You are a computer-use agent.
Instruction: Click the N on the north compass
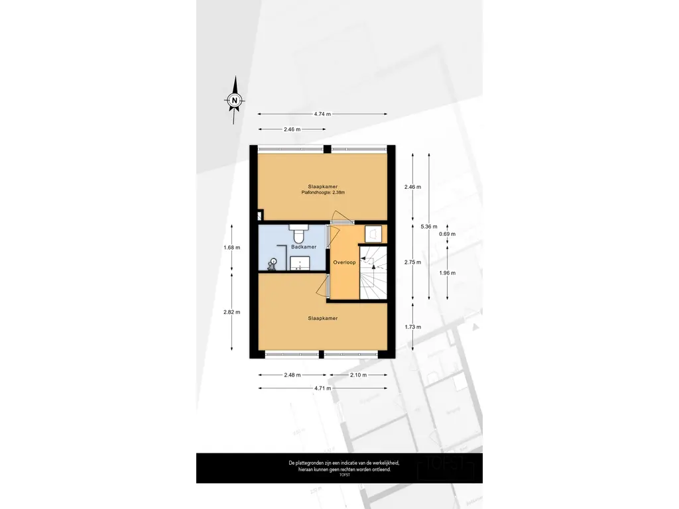pyautogui.click(x=235, y=101)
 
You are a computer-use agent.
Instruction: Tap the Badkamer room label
pyautogui.click(x=304, y=247)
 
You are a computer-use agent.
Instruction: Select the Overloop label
pyautogui.click(x=344, y=262)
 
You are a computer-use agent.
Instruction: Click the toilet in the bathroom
pyautogui.click(x=299, y=234)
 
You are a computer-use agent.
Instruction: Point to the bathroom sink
pyautogui.click(x=299, y=262)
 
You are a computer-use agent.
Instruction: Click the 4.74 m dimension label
pyautogui.click(x=322, y=114)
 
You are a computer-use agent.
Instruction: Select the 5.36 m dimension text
pyautogui.click(x=429, y=227)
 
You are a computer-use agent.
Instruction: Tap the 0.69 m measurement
pyautogui.click(x=448, y=234)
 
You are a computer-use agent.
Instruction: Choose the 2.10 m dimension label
pyautogui.click(x=358, y=375)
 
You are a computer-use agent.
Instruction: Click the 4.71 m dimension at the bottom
pyautogui.click(x=323, y=388)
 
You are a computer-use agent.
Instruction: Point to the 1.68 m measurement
pyautogui.click(x=231, y=248)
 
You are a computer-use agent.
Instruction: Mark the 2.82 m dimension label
pyautogui.click(x=231, y=312)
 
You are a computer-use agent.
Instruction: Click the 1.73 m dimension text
pyautogui.click(x=412, y=327)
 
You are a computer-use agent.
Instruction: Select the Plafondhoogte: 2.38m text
pyautogui.click(x=323, y=193)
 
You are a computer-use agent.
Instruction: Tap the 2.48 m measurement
pyautogui.click(x=292, y=375)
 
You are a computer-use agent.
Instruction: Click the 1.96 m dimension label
pyautogui.click(x=448, y=273)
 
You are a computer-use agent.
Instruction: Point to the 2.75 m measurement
pyautogui.click(x=412, y=262)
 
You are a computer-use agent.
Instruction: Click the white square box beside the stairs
pyautogui.click(x=373, y=234)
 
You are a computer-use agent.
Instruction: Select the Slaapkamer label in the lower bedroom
pyautogui.click(x=323, y=318)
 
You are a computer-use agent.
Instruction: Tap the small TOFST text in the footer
pyautogui.click(x=345, y=475)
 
